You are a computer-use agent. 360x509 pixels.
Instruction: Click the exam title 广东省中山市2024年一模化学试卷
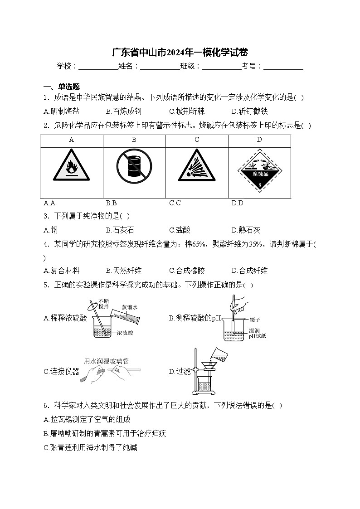pyautogui.click(x=180, y=52)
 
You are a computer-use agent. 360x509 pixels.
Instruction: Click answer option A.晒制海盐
pyautogui.click(x=62, y=111)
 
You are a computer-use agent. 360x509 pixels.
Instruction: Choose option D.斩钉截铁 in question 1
pyautogui.click(x=249, y=111)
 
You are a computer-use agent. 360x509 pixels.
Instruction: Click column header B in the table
pyautogui.click(x=134, y=140)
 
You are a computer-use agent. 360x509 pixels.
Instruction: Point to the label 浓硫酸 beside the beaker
pyautogui.click(x=125, y=333)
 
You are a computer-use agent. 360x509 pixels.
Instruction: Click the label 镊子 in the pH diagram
pyautogui.click(x=255, y=320)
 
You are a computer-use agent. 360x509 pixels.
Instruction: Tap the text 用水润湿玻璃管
pyautogui.click(x=106, y=361)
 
